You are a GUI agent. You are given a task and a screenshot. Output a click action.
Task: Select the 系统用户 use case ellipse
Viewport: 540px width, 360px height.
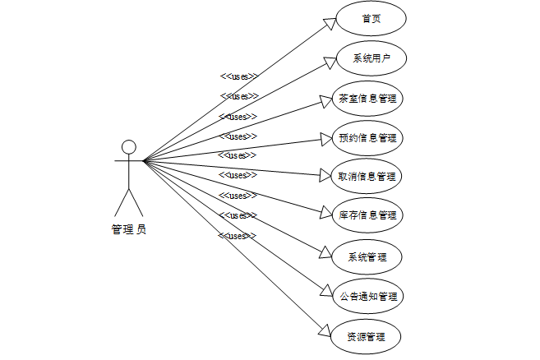point(371,59)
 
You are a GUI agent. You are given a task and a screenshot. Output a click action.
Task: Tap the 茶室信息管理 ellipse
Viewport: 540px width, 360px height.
point(367,99)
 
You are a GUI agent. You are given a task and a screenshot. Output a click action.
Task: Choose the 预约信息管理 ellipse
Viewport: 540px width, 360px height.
point(367,137)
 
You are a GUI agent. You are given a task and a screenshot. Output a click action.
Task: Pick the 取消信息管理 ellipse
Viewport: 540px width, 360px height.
point(367,177)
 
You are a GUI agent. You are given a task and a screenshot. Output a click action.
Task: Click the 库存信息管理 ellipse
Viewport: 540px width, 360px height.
point(367,216)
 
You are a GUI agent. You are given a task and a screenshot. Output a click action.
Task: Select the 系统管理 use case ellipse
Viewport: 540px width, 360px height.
point(367,256)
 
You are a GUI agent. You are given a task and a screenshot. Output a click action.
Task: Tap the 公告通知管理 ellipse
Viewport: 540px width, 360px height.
point(367,296)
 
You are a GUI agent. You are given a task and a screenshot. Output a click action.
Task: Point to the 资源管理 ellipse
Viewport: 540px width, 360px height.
point(366,336)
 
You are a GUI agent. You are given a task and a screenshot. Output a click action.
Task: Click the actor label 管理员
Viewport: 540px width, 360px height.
point(129,229)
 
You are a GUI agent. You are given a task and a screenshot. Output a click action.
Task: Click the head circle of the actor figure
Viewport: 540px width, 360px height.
point(128,147)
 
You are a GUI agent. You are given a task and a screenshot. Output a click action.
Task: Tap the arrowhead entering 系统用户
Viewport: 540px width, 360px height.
point(330,63)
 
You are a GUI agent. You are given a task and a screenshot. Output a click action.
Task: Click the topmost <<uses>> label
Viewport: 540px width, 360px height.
point(239,76)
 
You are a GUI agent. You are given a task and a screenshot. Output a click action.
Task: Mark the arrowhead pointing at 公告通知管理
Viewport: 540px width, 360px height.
point(325,290)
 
